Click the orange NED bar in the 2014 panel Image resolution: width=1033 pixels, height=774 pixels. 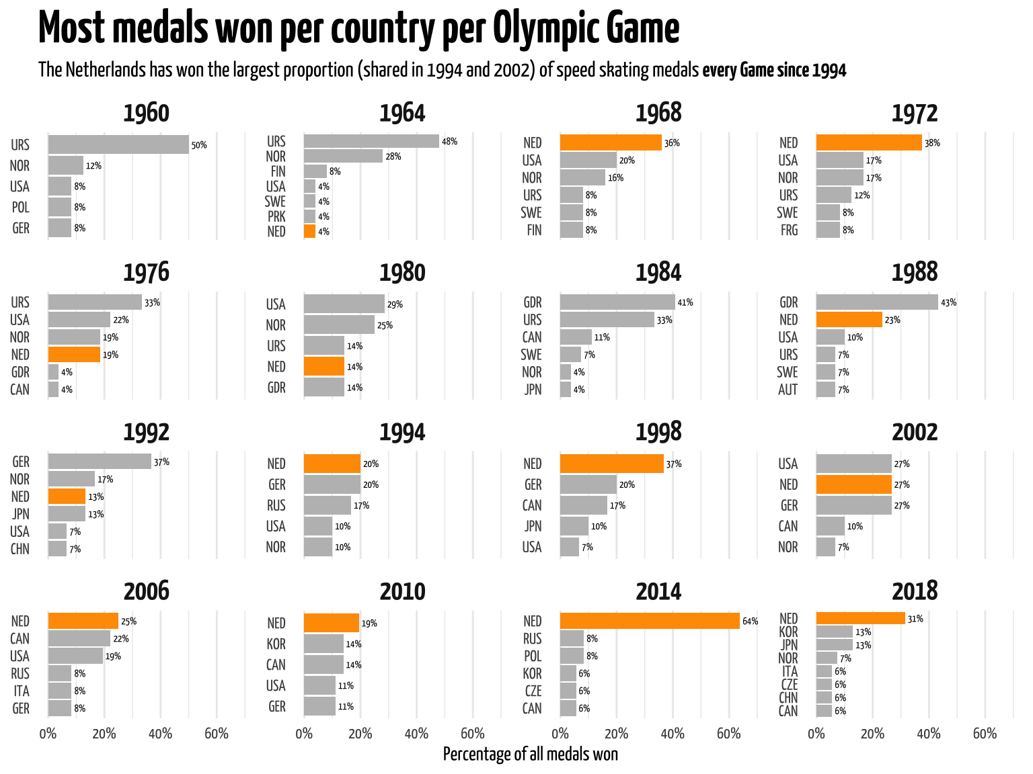[x=650, y=621]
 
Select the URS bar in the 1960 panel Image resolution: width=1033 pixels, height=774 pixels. [x=118, y=144]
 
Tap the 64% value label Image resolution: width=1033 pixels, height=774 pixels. [x=750, y=621]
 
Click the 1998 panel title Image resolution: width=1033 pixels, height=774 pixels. [x=658, y=432]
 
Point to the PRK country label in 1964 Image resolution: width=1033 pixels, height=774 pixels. [x=276, y=216]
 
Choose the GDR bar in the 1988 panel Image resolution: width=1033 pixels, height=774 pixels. [x=877, y=302]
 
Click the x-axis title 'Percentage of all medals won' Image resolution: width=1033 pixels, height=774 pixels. [x=530, y=755]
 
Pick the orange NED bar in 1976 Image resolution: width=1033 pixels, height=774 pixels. [x=74, y=354]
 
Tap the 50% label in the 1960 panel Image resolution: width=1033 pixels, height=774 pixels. [x=199, y=145]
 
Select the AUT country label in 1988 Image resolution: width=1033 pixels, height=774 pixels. [x=788, y=390]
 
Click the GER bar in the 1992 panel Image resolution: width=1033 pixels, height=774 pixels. [x=100, y=462]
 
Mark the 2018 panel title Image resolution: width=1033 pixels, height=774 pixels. [x=915, y=591]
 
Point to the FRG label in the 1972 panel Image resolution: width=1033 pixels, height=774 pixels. [x=789, y=230]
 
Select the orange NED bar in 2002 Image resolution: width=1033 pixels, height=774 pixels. [x=853, y=484]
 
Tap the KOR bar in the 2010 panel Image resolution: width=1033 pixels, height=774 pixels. [x=324, y=644]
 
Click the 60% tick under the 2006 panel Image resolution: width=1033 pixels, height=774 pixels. [x=216, y=734]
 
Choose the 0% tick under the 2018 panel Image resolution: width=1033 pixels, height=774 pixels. [x=816, y=734]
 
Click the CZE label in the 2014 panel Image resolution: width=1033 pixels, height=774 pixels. [x=532, y=691]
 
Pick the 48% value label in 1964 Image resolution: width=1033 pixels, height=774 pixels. [x=449, y=141]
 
